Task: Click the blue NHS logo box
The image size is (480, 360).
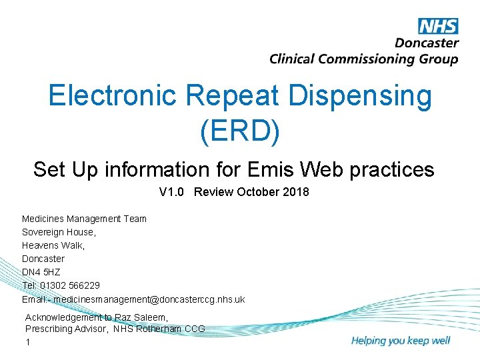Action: click(x=438, y=26)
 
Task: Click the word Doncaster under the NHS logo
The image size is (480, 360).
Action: click(x=427, y=43)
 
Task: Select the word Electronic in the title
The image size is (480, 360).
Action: click(x=112, y=96)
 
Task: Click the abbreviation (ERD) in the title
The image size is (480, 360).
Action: click(x=240, y=131)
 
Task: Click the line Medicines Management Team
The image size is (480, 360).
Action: click(x=84, y=219)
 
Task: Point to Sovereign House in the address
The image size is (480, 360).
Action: click(x=59, y=232)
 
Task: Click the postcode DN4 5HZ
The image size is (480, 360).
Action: click(x=41, y=272)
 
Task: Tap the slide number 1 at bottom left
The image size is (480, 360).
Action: click(x=27, y=342)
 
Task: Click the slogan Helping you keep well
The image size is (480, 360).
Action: click(x=401, y=341)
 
